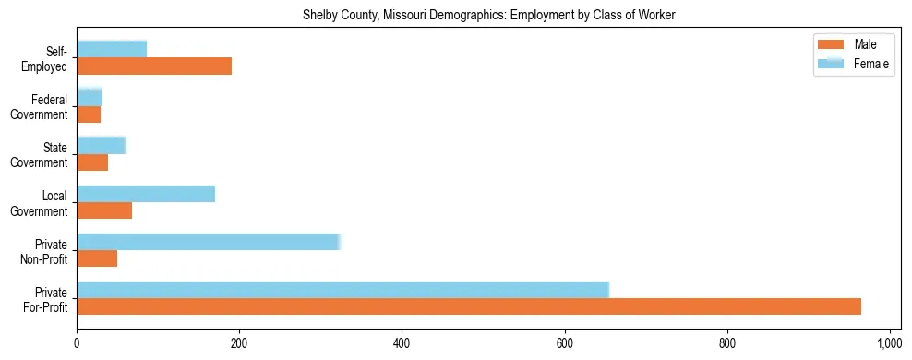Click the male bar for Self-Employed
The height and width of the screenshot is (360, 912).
coord(154,66)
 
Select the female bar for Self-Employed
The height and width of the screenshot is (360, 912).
coord(112,49)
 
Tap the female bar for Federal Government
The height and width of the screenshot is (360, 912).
coord(90,97)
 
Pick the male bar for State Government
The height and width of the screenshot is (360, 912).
coord(92,162)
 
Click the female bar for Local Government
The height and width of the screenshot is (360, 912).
coord(146,193)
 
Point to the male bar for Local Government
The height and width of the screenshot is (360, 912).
coord(104,210)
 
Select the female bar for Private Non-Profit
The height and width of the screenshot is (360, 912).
coord(209,242)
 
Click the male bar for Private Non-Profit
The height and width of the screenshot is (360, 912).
coord(97,258)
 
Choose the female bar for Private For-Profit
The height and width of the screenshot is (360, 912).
coord(342,290)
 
